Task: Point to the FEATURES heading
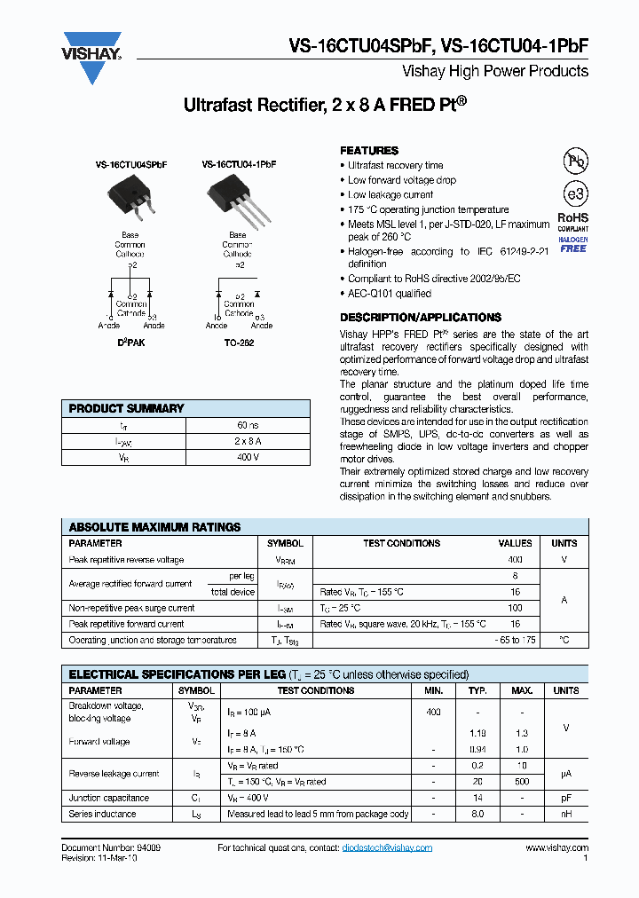point(369,151)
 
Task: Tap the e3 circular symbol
point(574,194)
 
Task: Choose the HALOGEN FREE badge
point(572,244)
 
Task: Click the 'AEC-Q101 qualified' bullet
point(389,294)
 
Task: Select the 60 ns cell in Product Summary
point(248,425)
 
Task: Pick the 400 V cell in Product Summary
point(248,457)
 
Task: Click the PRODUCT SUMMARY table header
point(127,409)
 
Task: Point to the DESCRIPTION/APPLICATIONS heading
point(420,318)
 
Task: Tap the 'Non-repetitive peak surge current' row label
point(131,608)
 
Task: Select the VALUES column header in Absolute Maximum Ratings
point(515,543)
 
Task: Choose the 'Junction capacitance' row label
point(109,798)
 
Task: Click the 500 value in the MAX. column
point(522,782)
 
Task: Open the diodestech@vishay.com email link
point(387,848)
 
